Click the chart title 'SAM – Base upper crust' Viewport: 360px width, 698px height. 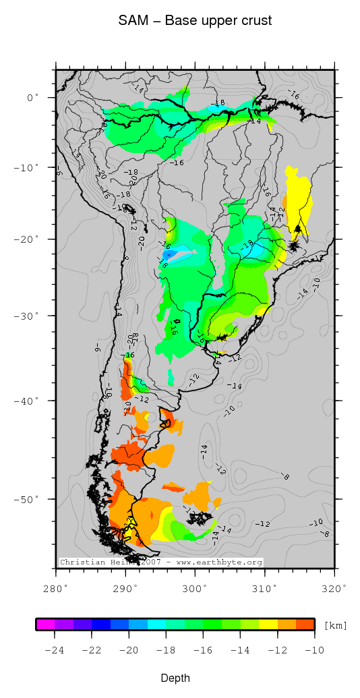195,21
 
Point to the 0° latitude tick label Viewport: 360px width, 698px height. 33,98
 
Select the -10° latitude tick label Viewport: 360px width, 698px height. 28,167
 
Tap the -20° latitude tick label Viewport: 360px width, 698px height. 28,239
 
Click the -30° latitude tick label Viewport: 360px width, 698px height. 28,315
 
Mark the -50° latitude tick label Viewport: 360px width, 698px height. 28,499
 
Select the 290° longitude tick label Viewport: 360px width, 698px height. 125,588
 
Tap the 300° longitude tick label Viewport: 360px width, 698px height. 195,588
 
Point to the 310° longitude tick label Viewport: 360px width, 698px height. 264,588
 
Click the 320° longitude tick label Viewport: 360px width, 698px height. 334,588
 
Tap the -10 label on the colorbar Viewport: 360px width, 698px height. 314,651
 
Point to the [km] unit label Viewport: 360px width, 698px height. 335,625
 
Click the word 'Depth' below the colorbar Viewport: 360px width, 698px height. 175,678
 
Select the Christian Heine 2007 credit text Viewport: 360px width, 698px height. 160,562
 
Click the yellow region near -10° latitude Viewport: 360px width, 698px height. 297,196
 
